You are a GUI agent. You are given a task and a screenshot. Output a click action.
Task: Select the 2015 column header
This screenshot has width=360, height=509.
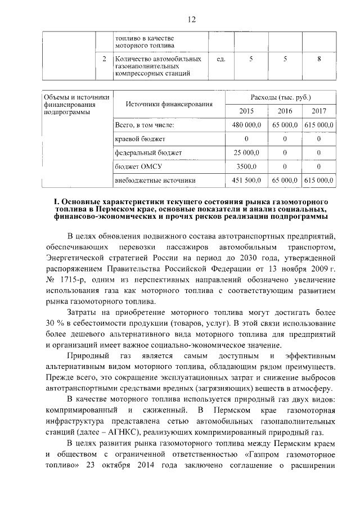pos(246,111)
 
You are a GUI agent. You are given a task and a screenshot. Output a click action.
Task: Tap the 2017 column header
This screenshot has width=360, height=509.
pos(318,111)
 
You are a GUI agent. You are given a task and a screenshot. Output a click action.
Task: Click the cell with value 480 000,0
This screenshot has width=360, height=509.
pos(246,124)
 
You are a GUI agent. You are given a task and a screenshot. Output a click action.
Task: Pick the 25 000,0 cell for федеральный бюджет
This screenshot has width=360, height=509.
pos(246,152)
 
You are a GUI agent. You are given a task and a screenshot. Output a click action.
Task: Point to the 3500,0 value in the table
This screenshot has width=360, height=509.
pos(246,166)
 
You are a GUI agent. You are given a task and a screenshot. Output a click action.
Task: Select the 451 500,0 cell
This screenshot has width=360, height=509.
pos(246,181)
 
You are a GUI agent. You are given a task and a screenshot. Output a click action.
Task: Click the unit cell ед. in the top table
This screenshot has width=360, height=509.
pos(220,59)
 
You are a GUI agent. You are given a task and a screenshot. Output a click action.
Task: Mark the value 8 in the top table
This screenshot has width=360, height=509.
pos(319,59)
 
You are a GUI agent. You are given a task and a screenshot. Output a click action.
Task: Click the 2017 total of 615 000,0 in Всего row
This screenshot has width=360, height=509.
pos(319,124)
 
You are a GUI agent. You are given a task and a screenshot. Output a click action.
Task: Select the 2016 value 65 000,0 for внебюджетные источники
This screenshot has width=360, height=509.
pos(285,181)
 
